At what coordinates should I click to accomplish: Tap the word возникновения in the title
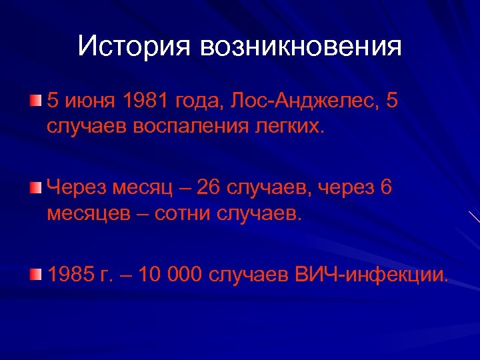(x=300, y=46)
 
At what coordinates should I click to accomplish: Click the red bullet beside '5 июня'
(x=35, y=101)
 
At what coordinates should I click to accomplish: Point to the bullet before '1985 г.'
(x=35, y=274)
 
